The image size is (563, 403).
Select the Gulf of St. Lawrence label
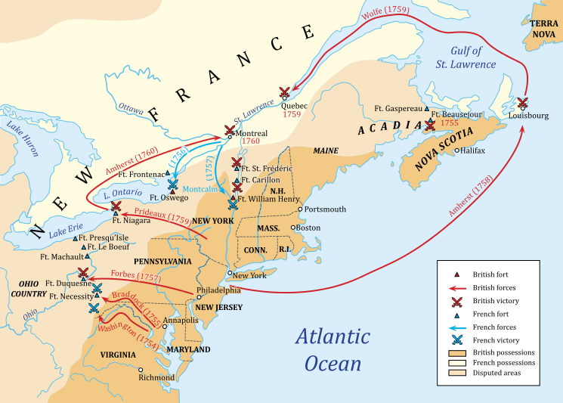pos(469,57)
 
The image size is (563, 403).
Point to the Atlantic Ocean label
pos(333,349)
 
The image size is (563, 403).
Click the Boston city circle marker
pos(294,227)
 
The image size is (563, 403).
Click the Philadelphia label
pos(218,290)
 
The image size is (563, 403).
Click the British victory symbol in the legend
pos(456,301)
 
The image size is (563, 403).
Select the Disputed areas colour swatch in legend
pos(456,371)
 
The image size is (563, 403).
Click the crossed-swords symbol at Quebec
pos(285,92)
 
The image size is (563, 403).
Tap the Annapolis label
pos(181,320)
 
